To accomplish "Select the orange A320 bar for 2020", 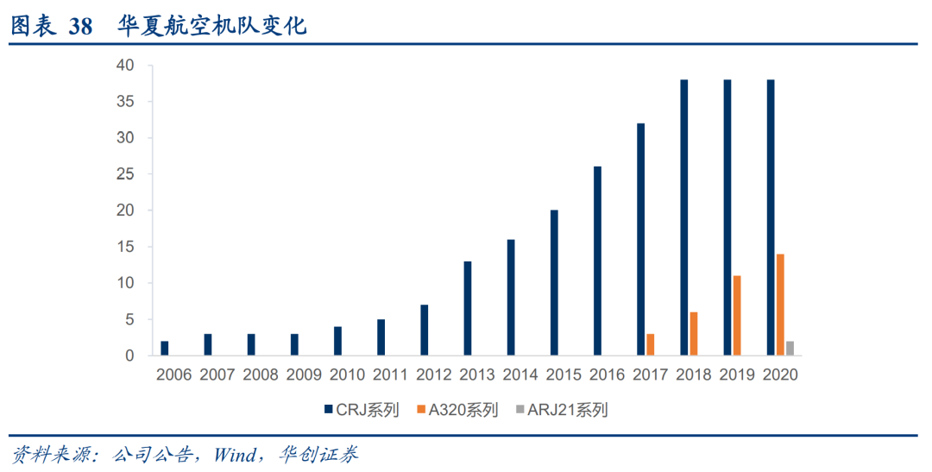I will (780, 305).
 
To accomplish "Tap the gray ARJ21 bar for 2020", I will (790, 348).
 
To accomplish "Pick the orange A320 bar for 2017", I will (650, 344).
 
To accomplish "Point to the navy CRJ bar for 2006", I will (165, 348).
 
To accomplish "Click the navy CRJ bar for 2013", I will (468, 308).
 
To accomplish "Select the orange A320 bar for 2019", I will (737, 316).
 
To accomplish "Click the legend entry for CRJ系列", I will (361, 410).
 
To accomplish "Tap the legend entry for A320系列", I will (458, 410).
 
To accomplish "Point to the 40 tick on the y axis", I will (125, 66).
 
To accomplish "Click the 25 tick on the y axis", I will (125, 174).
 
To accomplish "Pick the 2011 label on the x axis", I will (391, 375).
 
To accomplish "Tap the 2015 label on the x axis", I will (564, 375).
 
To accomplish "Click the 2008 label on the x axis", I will (261, 375).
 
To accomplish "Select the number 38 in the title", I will (80, 26).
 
